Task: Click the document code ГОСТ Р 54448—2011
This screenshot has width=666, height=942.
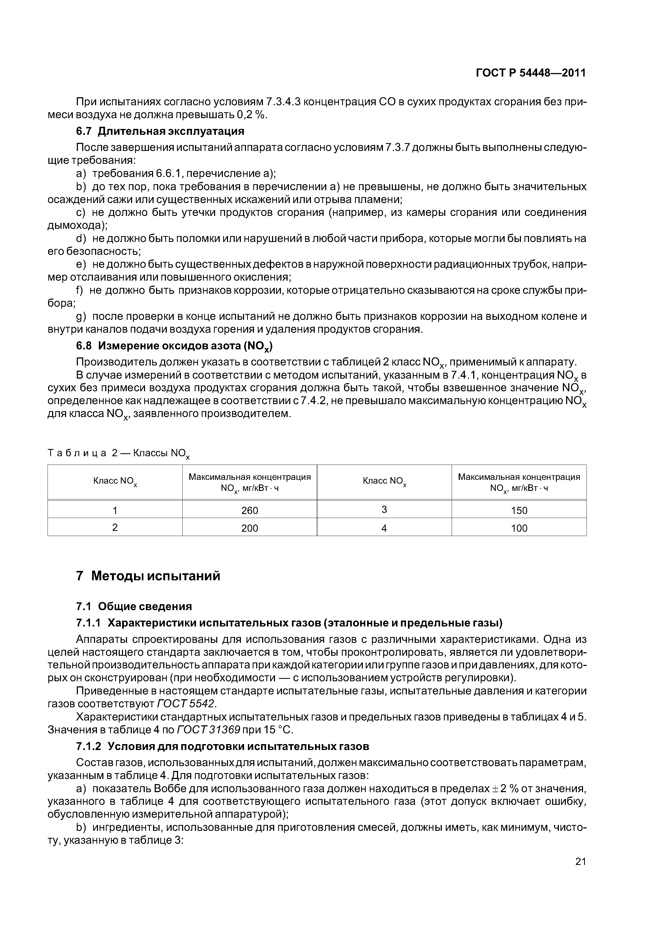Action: pos(531,73)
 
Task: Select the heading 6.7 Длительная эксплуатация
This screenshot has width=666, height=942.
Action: pos(160,131)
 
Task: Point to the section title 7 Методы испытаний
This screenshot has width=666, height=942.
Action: pos(148,576)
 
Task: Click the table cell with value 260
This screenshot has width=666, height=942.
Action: pos(249,510)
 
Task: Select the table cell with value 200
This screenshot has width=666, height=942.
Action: pos(249,528)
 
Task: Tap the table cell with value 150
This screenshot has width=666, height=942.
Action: pos(519,510)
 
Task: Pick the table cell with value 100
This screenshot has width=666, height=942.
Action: pos(519,528)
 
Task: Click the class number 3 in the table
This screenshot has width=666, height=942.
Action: pos(384,510)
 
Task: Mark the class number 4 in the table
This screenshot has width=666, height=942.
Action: pos(384,528)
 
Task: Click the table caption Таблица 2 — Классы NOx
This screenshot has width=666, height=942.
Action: pos(119,453)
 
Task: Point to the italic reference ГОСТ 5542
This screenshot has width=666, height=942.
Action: pos(186,704)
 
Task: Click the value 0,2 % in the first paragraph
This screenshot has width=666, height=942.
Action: pos(252,115)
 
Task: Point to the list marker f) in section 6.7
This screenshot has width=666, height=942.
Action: pos(79,291)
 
